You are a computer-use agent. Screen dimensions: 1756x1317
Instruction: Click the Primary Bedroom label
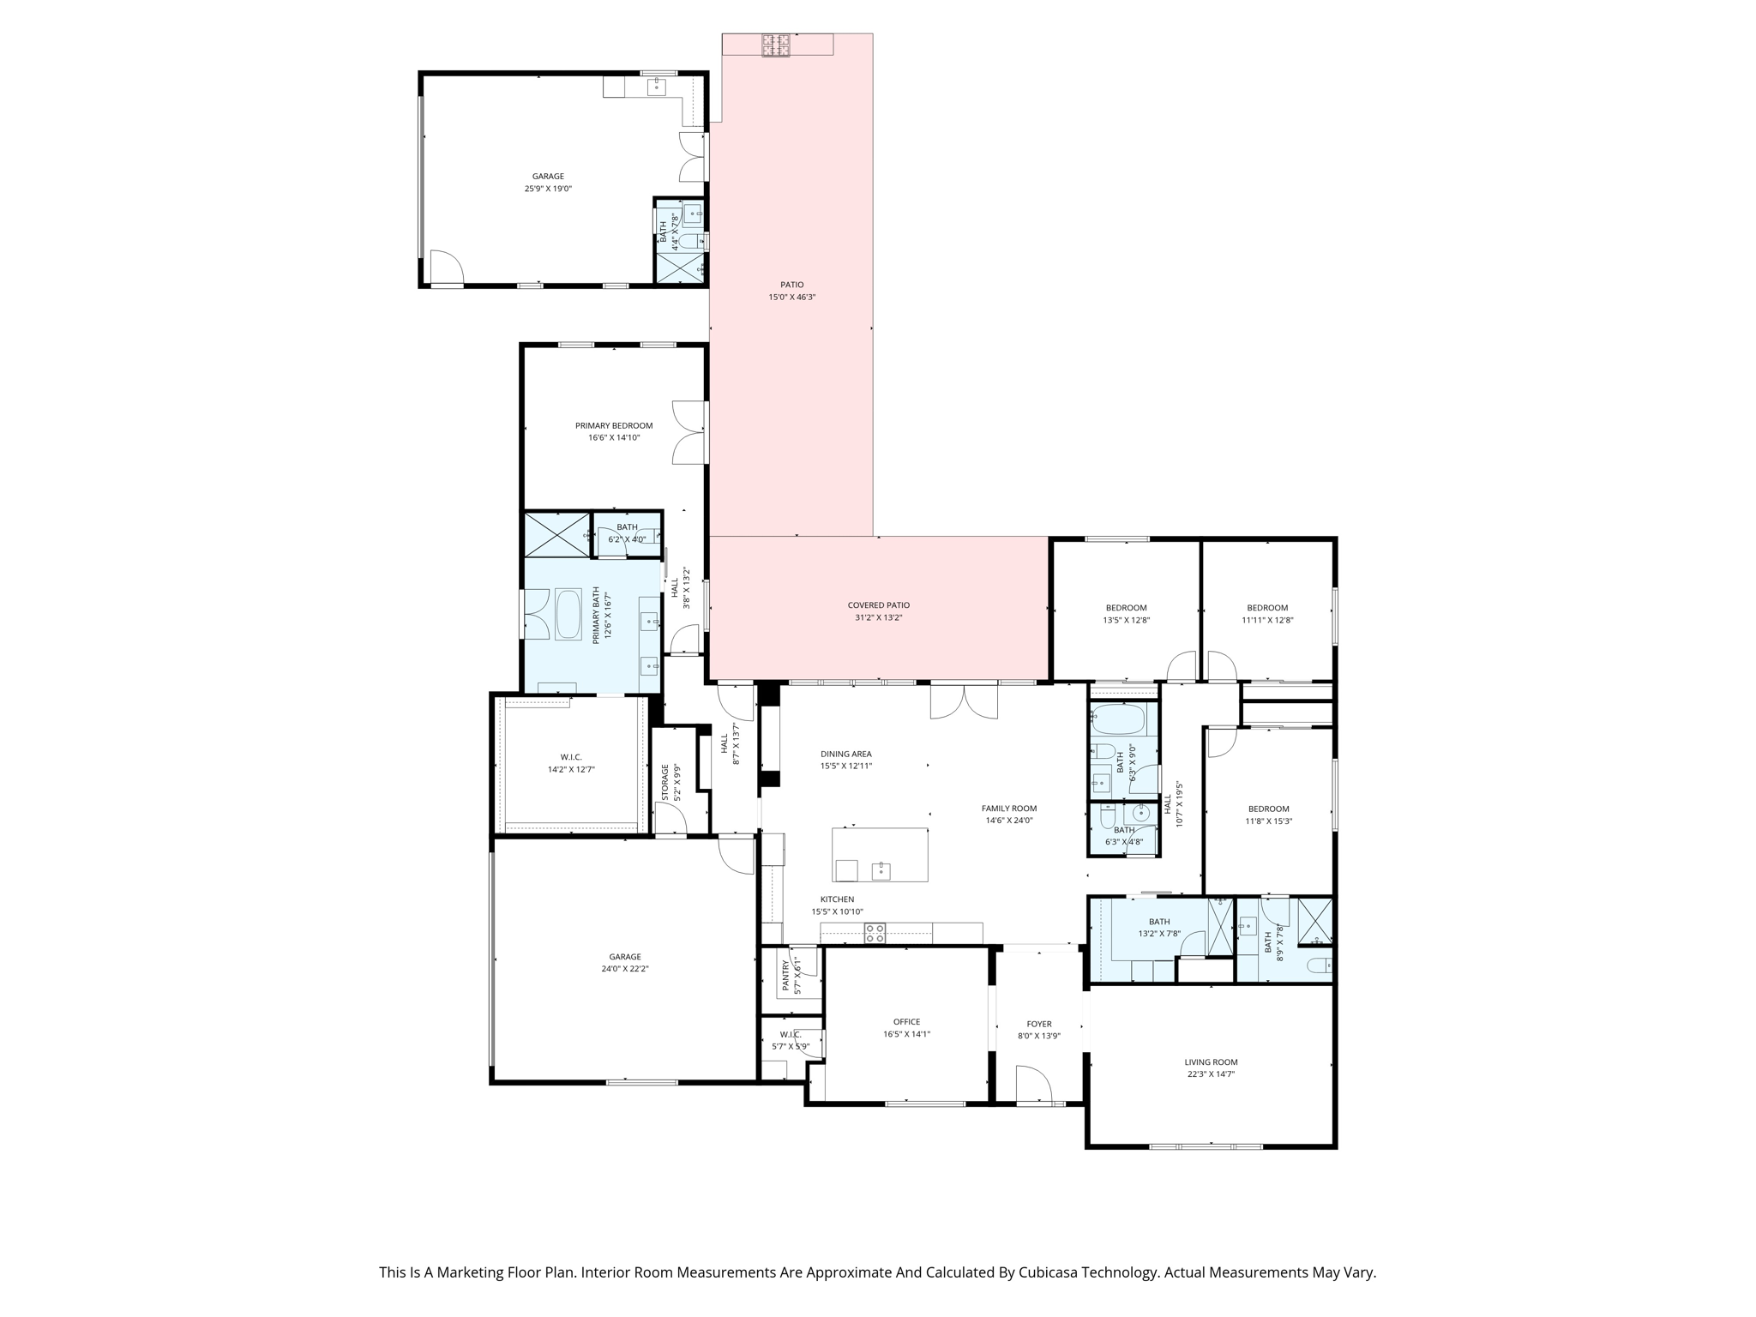(614, 425)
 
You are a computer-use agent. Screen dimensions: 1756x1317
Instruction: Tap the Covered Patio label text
(878, 605)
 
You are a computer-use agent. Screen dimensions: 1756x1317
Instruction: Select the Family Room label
(1009, 809)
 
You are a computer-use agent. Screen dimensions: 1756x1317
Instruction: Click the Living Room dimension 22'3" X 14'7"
(1211, 1074)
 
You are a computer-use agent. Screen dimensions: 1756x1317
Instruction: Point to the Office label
(906, 1022)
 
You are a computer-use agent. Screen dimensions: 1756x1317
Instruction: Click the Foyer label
(1039, 1024)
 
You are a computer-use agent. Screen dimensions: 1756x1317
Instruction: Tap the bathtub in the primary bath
(568, 614)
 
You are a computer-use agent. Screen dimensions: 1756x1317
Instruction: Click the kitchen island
(880, 854)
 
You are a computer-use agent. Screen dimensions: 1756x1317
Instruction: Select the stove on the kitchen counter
(875, 933)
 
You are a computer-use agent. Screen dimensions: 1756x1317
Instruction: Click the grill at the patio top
(777, 45)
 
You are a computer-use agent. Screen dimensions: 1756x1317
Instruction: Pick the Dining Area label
(845, 755)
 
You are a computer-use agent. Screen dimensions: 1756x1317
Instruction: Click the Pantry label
(785, 977)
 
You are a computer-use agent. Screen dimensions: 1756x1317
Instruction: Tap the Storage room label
(665, 782)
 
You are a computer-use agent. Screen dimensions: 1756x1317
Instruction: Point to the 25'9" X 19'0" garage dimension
(548, 189)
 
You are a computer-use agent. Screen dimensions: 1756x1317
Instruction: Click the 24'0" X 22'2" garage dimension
(625, 969)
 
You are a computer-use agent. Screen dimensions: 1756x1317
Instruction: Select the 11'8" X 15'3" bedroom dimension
(1268, 821)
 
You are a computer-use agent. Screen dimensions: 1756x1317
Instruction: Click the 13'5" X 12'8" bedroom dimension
(1126, 620)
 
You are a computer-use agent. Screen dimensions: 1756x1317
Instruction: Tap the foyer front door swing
(1033, 1084)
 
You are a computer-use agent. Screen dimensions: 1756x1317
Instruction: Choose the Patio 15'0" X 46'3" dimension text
(791, 298)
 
